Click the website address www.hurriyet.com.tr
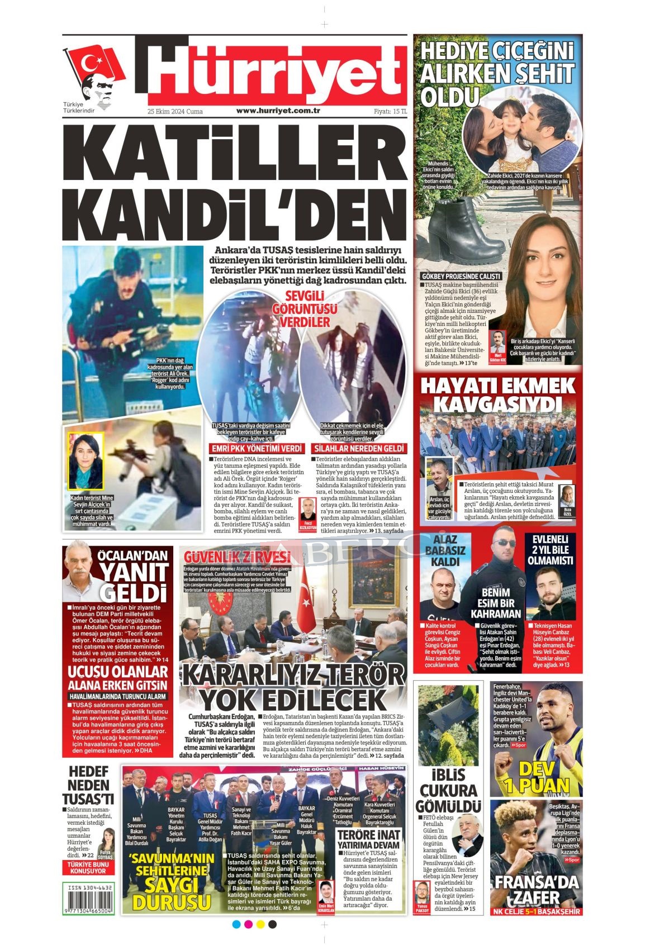277,111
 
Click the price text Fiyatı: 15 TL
391,111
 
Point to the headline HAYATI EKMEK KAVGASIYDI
497,395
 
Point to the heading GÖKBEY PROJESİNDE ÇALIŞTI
462,276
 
